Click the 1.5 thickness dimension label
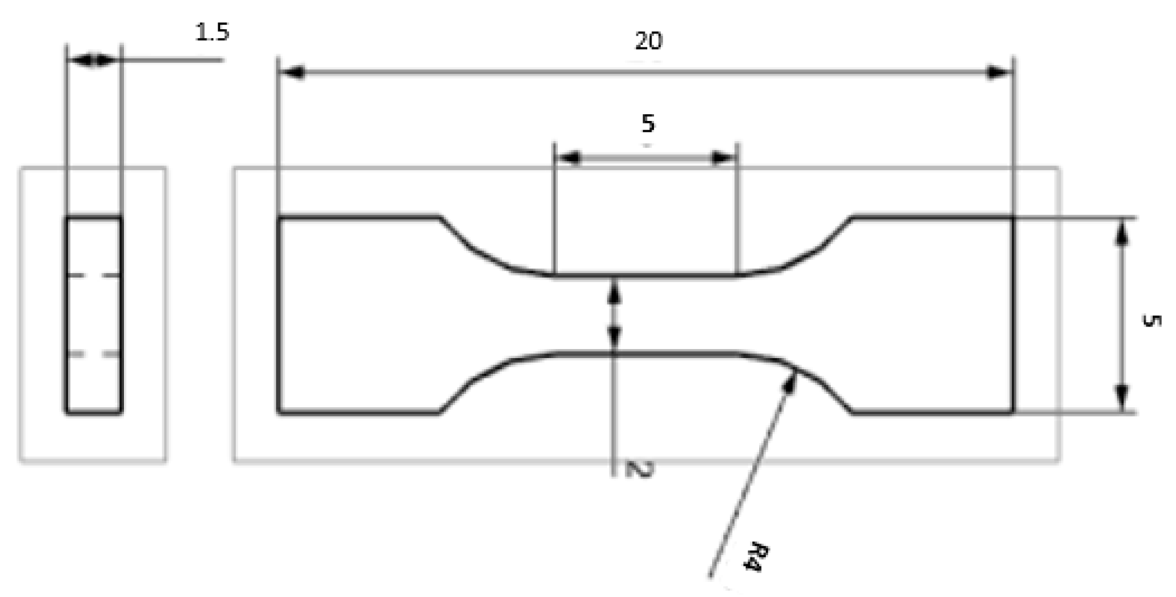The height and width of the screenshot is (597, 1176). (x=212, y=32)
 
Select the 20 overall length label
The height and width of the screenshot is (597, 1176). (x=648, y=41)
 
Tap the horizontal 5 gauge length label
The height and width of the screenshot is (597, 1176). (x=648, y=123)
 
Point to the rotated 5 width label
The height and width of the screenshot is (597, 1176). (x=1150, y=320)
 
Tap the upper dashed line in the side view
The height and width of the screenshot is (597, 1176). (x=94, y=275)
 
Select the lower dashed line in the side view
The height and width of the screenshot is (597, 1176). (x=94, y=354)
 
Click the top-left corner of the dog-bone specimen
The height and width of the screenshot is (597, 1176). (x=278, y=216)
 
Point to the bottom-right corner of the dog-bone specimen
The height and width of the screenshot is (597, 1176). (x=1013, y=413)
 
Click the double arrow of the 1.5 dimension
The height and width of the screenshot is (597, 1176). (x=93, y=60)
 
